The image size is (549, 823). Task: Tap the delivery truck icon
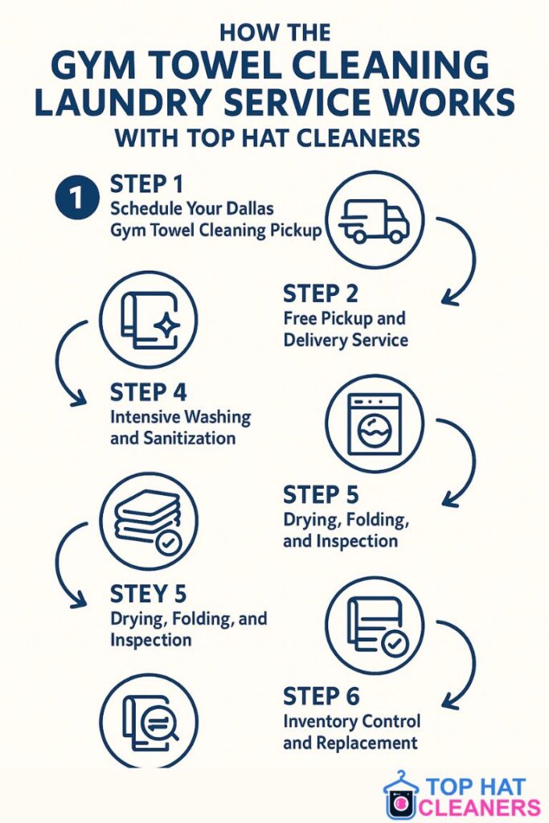(375, 220)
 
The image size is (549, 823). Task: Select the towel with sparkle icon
(149, 320)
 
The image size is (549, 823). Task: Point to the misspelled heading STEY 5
(148, 594)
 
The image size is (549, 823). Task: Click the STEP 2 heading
(320, 294)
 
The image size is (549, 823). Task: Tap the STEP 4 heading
(148, 392)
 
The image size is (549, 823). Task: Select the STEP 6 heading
(322, 697)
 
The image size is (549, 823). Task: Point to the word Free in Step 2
(300, 318)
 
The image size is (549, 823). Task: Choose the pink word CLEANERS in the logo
(480, 807)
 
